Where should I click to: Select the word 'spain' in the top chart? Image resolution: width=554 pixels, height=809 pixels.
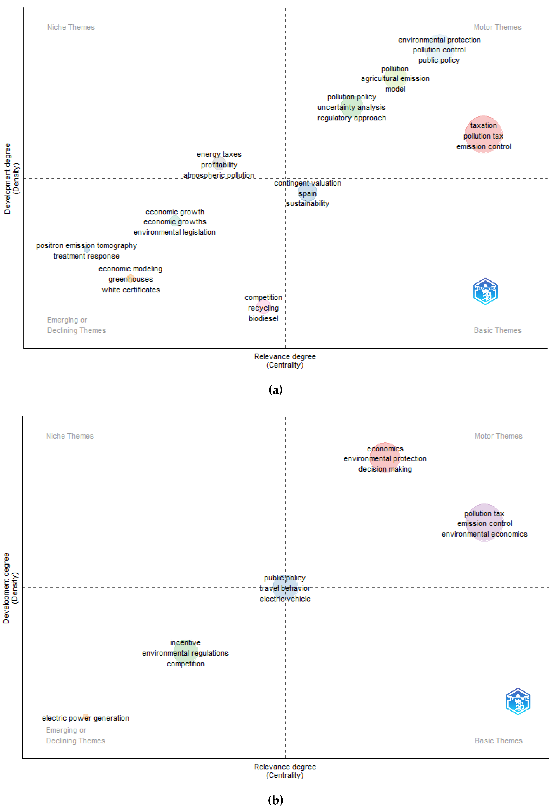[307, 194]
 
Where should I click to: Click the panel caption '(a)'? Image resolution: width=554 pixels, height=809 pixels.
[276, 390]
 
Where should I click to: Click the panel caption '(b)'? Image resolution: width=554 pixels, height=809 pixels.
[276, 800]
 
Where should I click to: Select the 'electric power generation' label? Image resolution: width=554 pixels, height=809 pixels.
[86, 718]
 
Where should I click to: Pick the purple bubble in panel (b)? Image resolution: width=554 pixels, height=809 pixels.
[484, 522]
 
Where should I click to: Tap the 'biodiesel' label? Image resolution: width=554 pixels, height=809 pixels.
[263, 319]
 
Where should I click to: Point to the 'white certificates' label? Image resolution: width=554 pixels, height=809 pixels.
[131, 290]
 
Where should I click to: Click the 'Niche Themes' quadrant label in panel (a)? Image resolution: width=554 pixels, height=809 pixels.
[71, 27]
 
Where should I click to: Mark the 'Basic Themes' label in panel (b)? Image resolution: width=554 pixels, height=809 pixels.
[498, 740]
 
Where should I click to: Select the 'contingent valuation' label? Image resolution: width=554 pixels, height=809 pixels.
[307, 183]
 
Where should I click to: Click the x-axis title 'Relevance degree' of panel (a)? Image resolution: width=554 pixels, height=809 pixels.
[285, 356]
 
